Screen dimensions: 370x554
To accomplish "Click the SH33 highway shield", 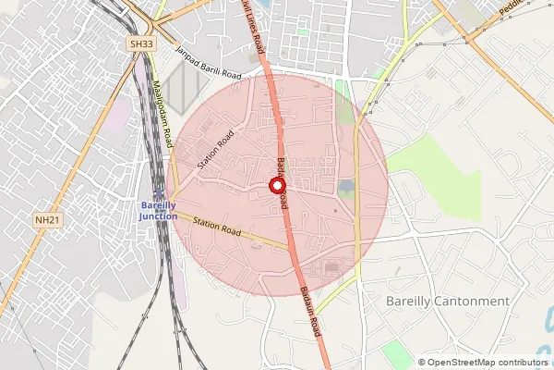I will (140, 43).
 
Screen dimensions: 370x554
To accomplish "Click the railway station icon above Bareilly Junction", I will (159, 192).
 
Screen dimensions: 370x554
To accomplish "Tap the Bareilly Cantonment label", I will (447, 302).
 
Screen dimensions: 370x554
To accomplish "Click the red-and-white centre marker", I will (276, 186).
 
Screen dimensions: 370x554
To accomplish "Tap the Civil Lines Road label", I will (253, 28).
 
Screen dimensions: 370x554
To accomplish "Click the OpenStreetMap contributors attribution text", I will (487, 362).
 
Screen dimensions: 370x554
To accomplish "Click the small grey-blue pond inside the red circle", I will (346, 188).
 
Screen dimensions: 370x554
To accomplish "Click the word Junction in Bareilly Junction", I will (158, 216).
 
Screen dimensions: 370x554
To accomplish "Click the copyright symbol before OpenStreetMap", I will (421, 362).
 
